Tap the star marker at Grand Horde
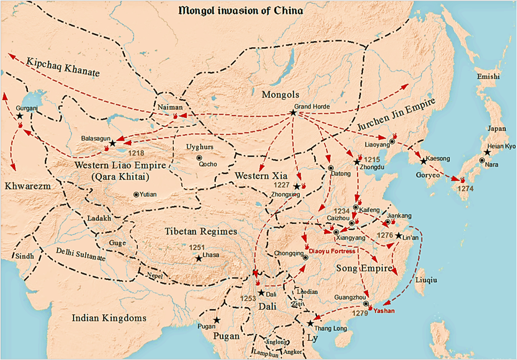pos(293,113)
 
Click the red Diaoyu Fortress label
pos(331,251)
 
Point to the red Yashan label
pos(384,310)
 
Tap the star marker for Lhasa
pos(198,258)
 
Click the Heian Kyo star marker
pos(487,152)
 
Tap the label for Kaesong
pos(437,159)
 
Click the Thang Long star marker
pos(310,323)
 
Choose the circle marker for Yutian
pos(136,194)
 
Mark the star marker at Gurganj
pos(19,116)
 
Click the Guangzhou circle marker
pos(366,303)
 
